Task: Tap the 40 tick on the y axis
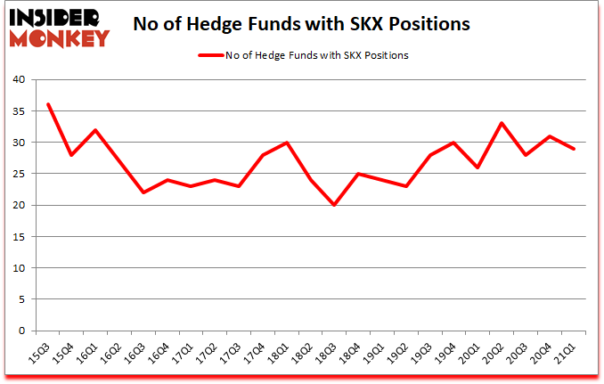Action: coord(20,79)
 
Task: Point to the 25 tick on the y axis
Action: coord(20,174)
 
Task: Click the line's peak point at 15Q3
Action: coord(48,104)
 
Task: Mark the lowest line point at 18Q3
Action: coord(335,205)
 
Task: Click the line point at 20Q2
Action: coord(502,123)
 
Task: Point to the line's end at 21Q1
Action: coord(575,148)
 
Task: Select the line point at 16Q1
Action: coord(95,129)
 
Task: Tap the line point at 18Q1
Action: coord(287,142)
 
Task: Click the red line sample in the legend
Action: coord(211,55)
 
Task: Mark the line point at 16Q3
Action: coord(143,192)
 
